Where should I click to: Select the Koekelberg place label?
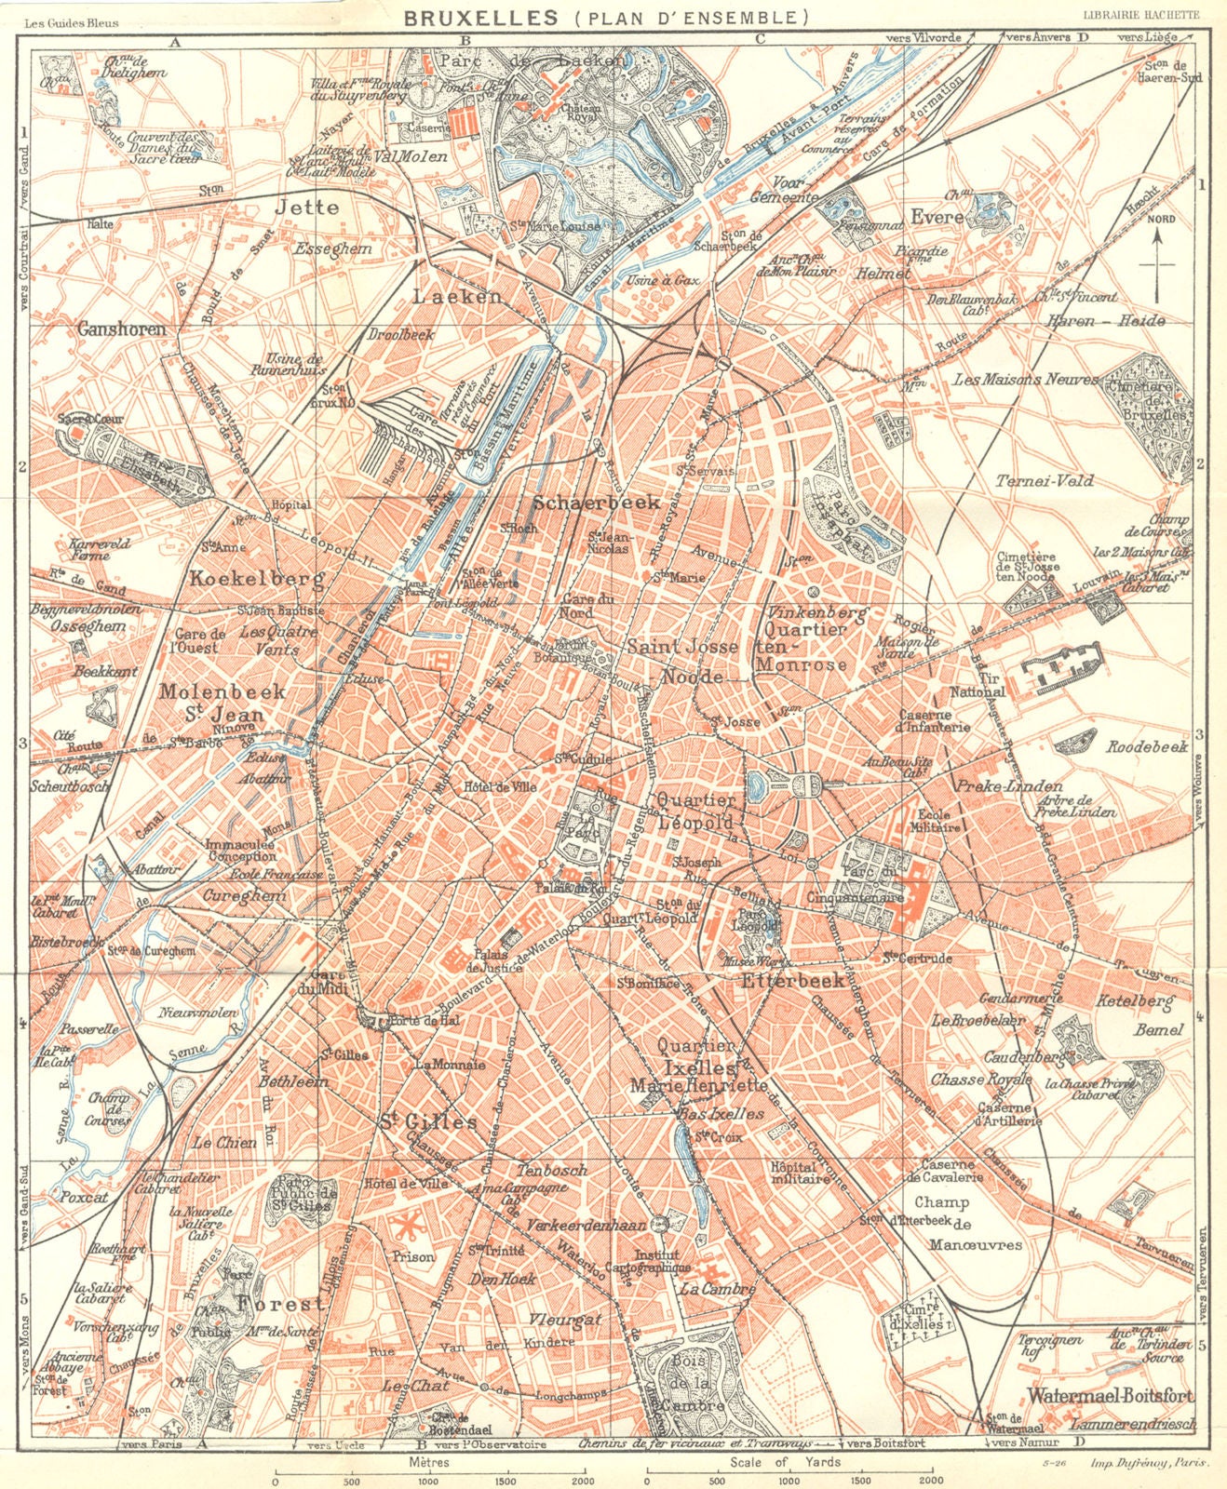[257, 579]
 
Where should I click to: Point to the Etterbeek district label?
[792, 979]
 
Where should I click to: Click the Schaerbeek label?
[597, 502]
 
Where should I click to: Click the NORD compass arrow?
[1157, 256]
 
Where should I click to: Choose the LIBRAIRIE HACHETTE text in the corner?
[1147, 13]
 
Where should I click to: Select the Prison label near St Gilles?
[413, 1255]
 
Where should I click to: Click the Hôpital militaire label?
[799, 1172]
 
